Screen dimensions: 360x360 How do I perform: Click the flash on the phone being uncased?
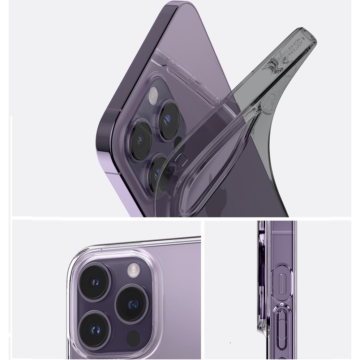pos(151,94)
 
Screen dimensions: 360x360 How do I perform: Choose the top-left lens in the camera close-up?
pos(94,282)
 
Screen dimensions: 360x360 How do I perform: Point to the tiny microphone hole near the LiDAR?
pos(145,329)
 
